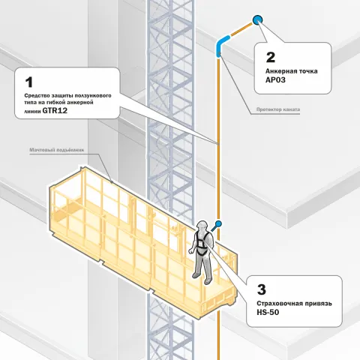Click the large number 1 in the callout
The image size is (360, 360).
pos(29,82)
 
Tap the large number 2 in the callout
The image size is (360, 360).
pos(271,57)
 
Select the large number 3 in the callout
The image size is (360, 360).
pos(262,289)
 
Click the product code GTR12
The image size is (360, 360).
pos(55,110)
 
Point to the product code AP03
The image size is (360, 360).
pos(275,80)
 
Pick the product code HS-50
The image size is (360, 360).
pos(268,312)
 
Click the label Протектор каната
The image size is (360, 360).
pos(278,109)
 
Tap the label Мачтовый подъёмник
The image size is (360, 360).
pos(57,150)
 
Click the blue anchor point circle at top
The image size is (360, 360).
pos(257,19)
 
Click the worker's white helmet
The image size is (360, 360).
pos(202,225)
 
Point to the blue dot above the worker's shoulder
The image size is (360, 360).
pos(218,223)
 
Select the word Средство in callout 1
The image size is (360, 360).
pos(37,96)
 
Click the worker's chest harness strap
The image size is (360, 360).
pos(202,241)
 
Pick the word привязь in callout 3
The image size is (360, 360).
pos(318,304)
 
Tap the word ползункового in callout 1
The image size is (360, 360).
pos(93,96)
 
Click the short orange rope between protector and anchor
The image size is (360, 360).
pos(241,29)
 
